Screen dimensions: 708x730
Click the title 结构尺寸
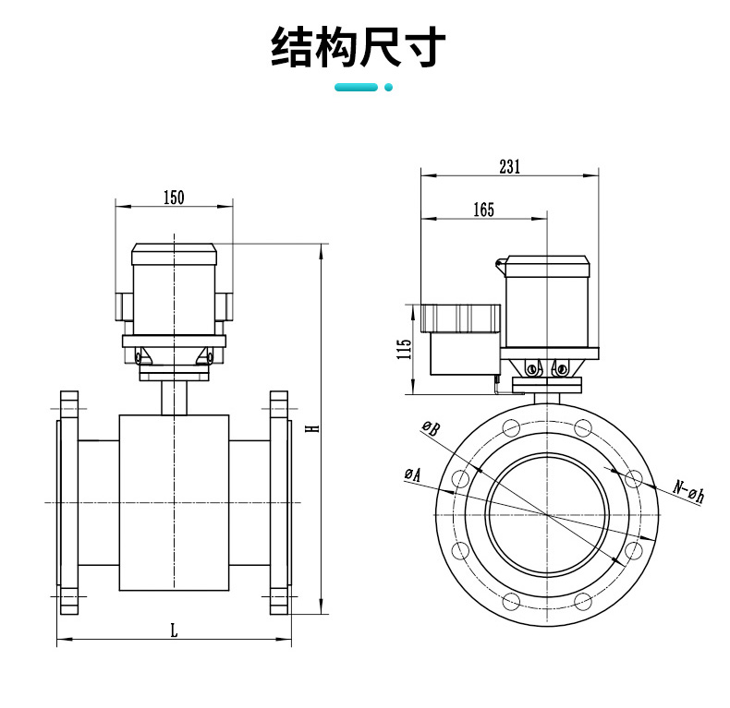click(359, 48)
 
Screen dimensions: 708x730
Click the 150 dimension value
click(174, 197)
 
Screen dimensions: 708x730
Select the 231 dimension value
click(509, 166)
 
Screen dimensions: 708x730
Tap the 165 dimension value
click(483, 210)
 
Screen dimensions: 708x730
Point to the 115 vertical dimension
click(404, 350)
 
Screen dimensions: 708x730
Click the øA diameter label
click(412, 474)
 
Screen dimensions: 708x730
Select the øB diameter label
click(431, 426)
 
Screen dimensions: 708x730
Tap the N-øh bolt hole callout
click(688, 492)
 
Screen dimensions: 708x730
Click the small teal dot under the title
click(389, 88)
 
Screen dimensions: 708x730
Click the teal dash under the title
click(356, 88)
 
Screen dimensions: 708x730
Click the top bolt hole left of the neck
click(509, 426)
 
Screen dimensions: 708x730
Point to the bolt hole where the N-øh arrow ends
click(633, 478)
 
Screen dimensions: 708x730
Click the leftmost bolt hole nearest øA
click(458, 478)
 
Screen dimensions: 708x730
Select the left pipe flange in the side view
click(67, 503)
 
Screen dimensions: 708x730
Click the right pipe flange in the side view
click(279, 503)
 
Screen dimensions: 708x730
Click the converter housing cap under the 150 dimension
click(174, 252)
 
